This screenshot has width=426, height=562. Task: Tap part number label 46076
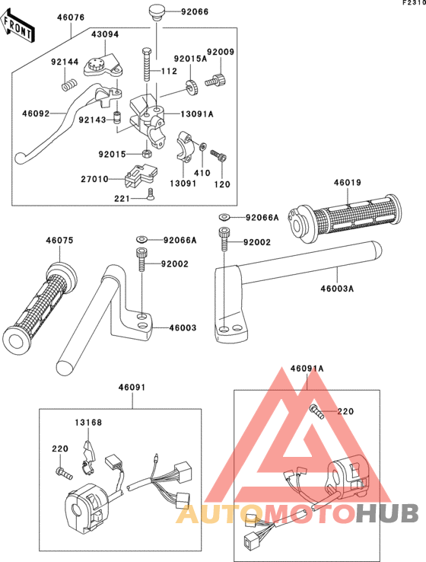[x=72, y=18]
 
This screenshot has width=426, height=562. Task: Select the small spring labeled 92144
[x=69, y=86]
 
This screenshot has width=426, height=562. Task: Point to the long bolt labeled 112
[x=148, y=65]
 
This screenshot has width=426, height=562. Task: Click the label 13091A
[x=197, y=114]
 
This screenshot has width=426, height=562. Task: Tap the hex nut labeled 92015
[x=146, y=154]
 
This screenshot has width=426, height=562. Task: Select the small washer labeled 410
[x=203, y=146]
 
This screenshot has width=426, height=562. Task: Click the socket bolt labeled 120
[x=219, y=155]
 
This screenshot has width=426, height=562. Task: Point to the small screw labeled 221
[x=150, y=194]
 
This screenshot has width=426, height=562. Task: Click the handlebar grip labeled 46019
[x=344, y=219]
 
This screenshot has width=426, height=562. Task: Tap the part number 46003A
[x=337, y=288]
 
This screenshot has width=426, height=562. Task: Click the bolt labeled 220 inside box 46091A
[x=316, y=411]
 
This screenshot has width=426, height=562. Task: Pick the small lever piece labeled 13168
[x=88, y=457]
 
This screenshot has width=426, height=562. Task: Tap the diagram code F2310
[x=414, y=2]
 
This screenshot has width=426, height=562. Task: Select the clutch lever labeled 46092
[x=68, y=122]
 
